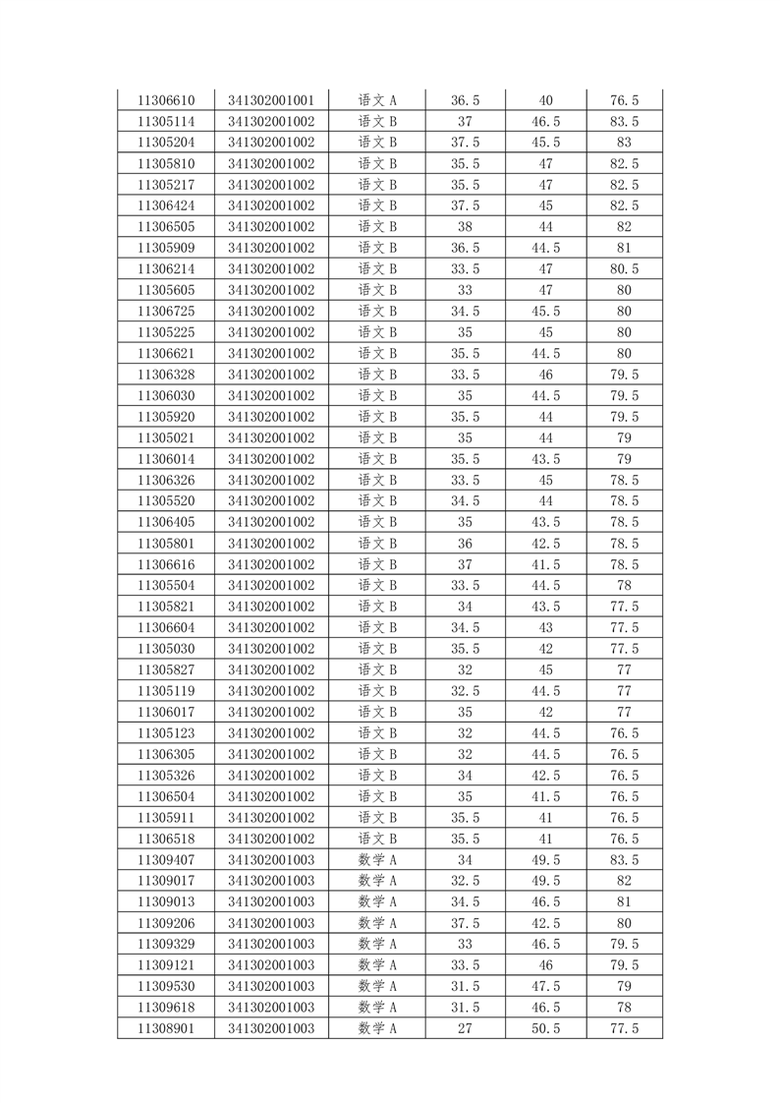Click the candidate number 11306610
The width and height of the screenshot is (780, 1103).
166,100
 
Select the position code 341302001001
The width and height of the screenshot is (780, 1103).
271,100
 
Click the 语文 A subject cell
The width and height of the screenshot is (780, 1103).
377,100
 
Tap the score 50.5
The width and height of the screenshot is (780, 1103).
546,1029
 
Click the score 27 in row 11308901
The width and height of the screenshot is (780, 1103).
465,1029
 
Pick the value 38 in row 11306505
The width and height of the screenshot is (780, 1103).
465,227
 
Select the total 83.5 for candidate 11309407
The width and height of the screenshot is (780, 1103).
625,860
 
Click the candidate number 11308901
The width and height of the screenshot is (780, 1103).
166,1029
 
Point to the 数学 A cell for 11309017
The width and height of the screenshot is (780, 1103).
377,882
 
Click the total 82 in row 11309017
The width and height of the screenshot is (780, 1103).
625,882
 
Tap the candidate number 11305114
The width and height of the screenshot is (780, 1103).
166,122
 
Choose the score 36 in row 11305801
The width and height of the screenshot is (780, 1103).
465,544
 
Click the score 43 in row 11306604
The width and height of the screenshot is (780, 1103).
546,628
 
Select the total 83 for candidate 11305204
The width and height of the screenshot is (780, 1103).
625,143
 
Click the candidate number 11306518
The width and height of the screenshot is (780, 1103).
166,840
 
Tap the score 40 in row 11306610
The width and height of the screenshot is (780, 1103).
546,100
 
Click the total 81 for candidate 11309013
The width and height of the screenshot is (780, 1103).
625,902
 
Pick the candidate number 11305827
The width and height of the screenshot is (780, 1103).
166,670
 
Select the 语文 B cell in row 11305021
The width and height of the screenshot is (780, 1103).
377,438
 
